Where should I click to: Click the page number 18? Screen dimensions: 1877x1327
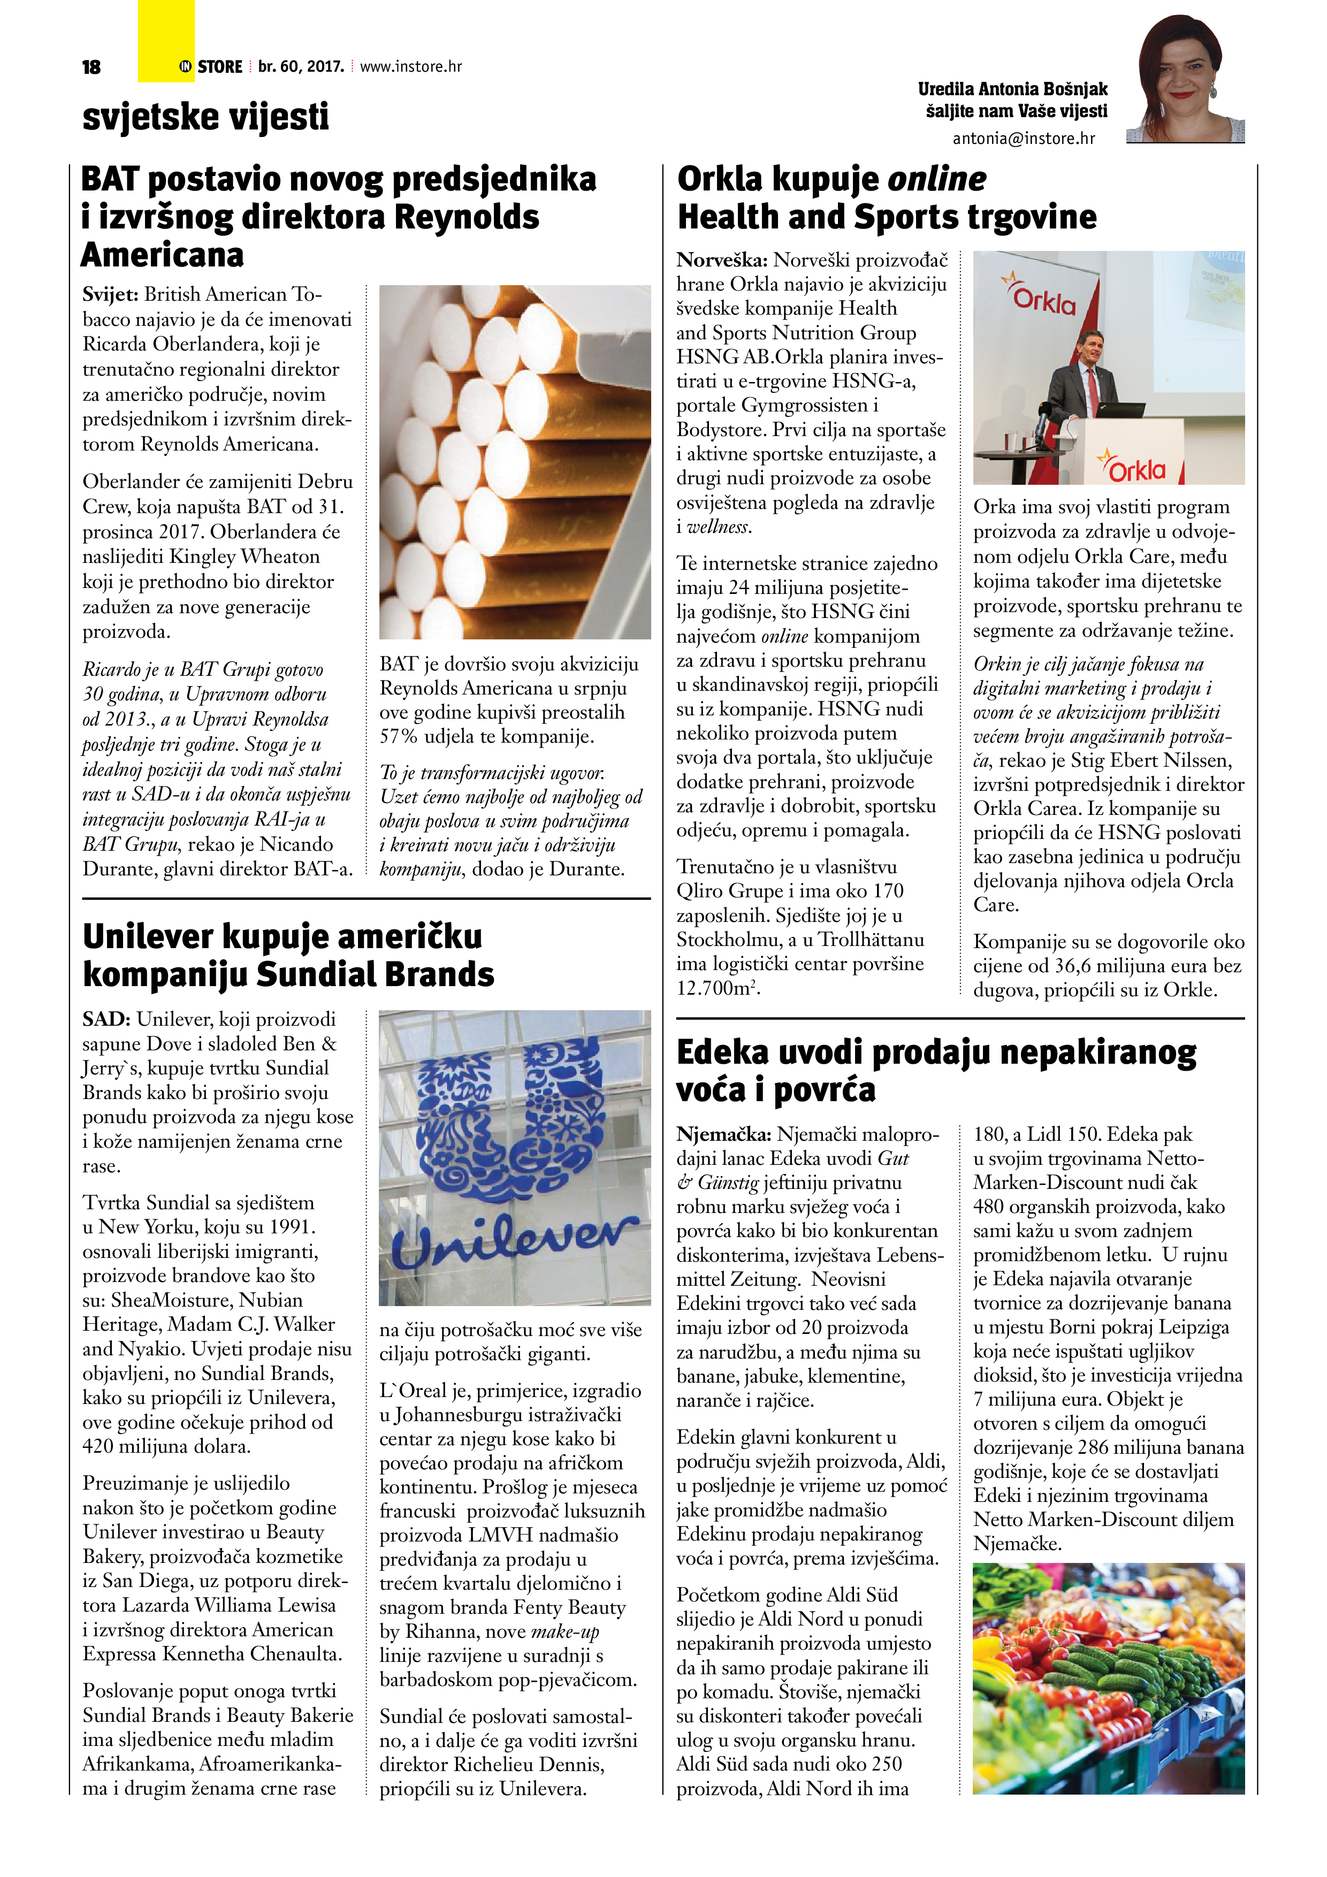(91, 67)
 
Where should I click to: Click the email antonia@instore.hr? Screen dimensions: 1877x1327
(1023, 138)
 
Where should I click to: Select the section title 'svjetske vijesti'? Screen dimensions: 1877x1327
(205, 116)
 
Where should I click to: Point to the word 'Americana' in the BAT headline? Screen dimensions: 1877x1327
(162, 255)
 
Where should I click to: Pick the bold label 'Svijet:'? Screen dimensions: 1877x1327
(111, 294)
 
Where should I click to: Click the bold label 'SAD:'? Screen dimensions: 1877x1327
(106, 1019)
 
